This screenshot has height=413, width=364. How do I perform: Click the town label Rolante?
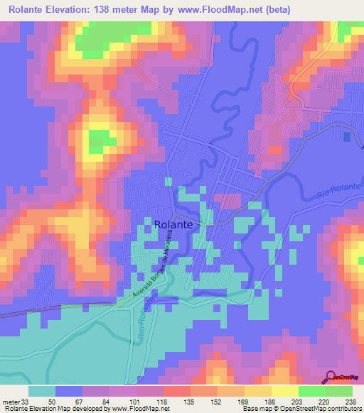click(173, 224)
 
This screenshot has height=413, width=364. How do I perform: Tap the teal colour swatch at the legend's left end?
click(42, 391)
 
